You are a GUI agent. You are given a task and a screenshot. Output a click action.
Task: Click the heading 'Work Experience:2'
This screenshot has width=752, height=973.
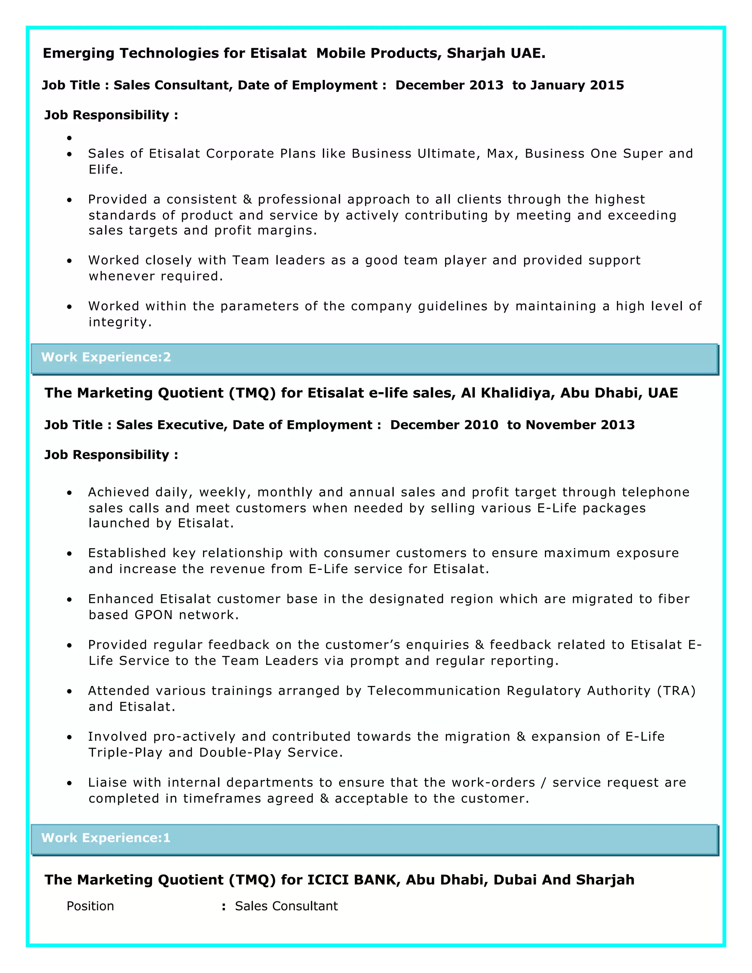pyautogui.click(x=106, y=357)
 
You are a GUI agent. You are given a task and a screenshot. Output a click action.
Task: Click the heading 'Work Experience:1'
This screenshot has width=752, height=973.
pyautogui.click(x=106, y=838)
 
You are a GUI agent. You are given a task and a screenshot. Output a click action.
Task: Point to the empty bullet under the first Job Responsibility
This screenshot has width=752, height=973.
pyautogui.click(x=69, y=138)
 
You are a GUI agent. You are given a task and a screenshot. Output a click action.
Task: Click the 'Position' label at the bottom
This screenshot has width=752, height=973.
pyautogui.click(x=90, y=906)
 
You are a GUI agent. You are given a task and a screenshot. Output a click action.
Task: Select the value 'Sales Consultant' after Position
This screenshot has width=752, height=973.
pyautogui.click(x=286, y=906)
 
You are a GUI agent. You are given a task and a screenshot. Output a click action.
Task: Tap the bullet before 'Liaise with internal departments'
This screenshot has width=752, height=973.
pyautogui.click(x=69, y=783)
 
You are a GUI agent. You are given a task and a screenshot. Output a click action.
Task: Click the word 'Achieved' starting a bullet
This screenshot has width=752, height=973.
pyautogui.click(x=119, y=492)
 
